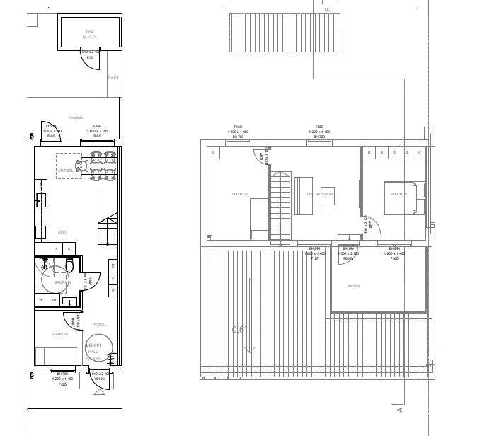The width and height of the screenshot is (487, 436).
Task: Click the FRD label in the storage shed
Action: (90, 32)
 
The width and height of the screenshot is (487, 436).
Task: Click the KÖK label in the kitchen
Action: (62, 232)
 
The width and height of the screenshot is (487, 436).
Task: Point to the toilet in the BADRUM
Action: (70, 265)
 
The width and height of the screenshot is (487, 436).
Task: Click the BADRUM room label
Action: (63, 282)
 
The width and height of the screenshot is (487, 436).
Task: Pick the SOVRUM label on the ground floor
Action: (59, 333)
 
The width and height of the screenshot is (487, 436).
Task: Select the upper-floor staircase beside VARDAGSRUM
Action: (280, 206)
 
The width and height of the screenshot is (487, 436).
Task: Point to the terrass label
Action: (353, 286)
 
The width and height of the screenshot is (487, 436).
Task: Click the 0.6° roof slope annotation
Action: (240, 330)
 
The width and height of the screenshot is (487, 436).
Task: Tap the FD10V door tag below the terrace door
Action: (348, 259)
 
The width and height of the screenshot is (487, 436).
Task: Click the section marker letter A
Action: (400, 409)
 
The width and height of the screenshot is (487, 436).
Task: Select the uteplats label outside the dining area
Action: (76, 117)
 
